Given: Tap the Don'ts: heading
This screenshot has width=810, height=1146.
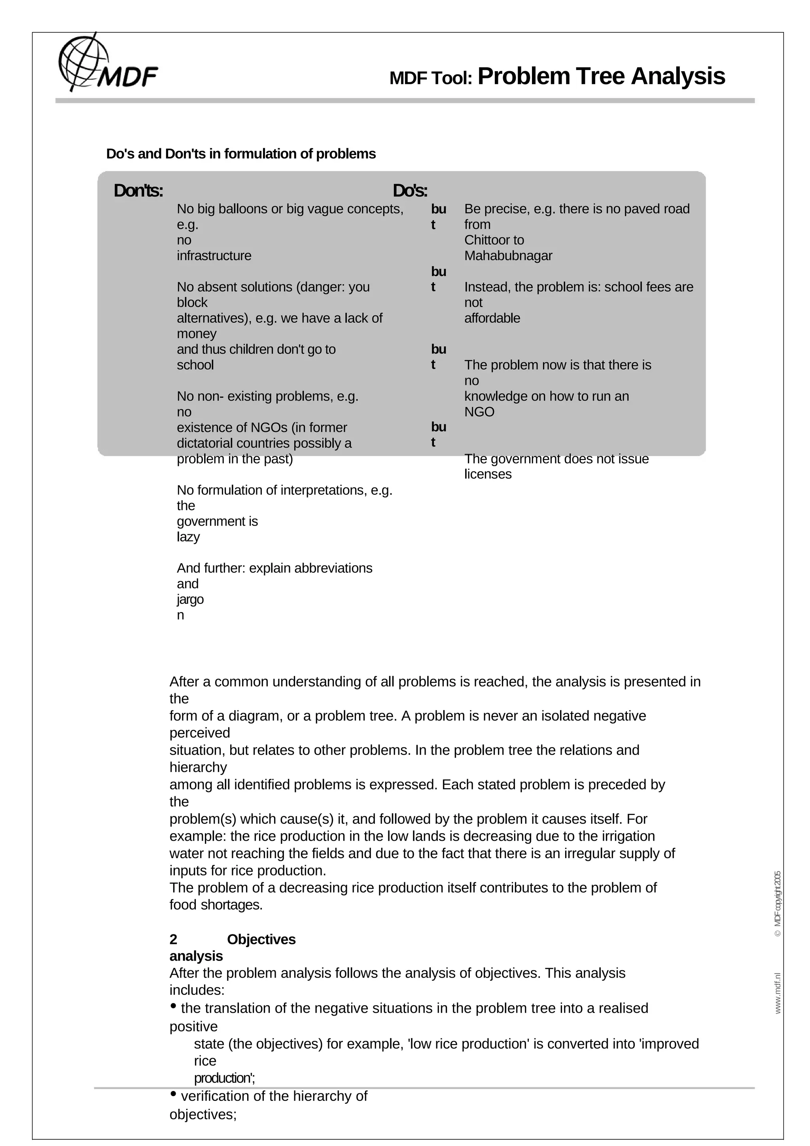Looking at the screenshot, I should click(138, 191).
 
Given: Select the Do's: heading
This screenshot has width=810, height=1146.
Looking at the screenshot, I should click(410, 191).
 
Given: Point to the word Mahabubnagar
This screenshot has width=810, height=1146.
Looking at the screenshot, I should click(508, 255).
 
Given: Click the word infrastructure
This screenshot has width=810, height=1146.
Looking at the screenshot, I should click(214, 255).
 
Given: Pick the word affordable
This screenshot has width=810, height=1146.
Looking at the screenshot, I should click(492, 318).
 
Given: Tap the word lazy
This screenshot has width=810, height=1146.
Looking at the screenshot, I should click(188, 537).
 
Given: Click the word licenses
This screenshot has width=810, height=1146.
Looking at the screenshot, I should click(488, 474).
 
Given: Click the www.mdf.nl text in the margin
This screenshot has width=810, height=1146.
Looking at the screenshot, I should click(777, 993).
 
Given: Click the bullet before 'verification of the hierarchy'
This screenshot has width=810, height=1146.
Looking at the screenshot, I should click(173, 1094).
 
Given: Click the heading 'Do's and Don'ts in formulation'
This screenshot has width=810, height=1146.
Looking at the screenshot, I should click(240, 154).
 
